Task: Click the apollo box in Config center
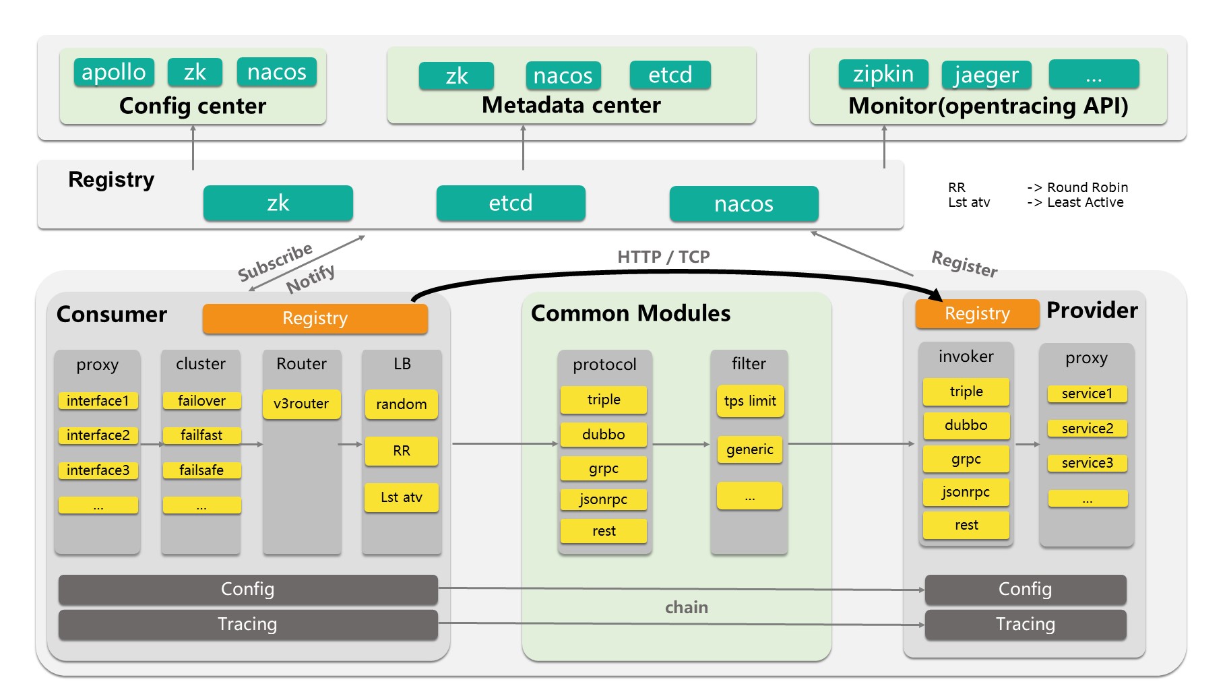tap(114, 72)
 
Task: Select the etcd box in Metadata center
tap(670, 75)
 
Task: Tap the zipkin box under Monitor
tap(883, 73)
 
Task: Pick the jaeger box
tap(986, 74)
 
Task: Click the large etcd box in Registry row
tap(510, 203)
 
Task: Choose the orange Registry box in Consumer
tap(315, 318)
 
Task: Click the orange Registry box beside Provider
tap(976, 313)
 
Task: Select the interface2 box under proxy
tap(98, 435)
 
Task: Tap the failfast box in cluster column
tap(201, 435)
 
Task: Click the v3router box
tap(301, 404)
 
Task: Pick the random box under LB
tap(401, 404)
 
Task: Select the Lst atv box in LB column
tap(401, 497)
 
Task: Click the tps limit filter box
tap(749, 401)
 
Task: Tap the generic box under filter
tap(749, 449)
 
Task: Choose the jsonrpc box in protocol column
tap(603, 499)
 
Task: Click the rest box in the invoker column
tap(966, 525)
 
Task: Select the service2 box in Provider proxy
tap(1087, 429)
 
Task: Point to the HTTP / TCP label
tap(663, 257)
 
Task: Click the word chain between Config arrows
tap(686, 607)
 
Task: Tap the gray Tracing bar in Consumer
tap(247, 624)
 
